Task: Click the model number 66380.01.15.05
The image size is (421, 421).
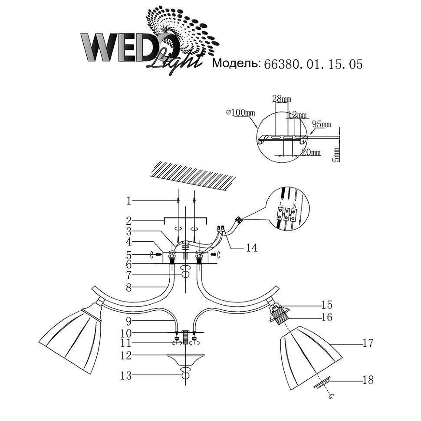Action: click(311, 65)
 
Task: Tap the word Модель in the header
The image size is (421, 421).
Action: click(235, 64)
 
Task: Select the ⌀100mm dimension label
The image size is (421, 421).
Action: click(241, 113)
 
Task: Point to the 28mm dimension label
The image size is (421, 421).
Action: click(282, 99)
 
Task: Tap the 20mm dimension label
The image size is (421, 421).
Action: click(311, 153)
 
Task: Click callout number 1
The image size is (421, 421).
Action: click(128, 201)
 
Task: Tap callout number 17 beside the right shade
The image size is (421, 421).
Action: click(368, 344)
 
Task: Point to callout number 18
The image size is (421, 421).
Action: click(368, 380)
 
